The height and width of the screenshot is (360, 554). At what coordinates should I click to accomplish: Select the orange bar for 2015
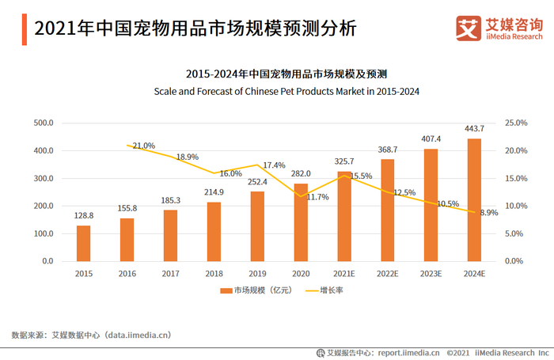click(83, 243)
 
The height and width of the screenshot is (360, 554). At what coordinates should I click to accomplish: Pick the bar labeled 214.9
click(214, 231)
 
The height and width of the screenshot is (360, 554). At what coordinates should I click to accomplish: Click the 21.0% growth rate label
click(144, 146)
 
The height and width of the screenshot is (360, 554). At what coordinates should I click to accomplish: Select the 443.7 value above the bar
click(474, 129)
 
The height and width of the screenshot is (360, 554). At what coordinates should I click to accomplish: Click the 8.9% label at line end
click(488, 212)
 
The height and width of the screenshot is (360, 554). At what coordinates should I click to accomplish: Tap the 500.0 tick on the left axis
click(43, 123)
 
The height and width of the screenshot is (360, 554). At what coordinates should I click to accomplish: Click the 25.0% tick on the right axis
click(515, 123)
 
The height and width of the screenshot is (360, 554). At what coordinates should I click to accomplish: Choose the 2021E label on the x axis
click(344, 273)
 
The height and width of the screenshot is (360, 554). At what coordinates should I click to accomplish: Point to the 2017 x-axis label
click(170, 273)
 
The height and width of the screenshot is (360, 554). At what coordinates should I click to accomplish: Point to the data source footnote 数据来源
click(91, 335)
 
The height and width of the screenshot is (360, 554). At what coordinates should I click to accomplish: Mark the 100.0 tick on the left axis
click(43, 233)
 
